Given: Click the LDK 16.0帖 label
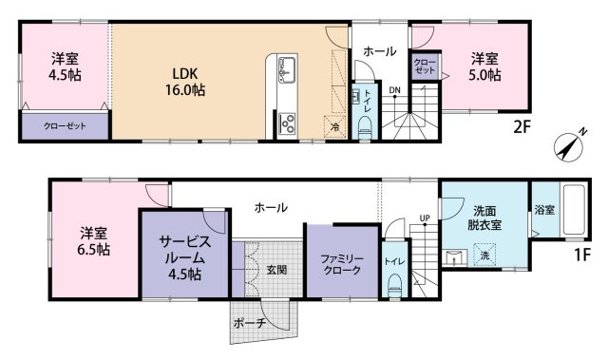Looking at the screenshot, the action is point(185,82).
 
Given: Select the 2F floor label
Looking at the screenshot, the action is point(522,127).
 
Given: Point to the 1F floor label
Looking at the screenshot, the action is point(581,255).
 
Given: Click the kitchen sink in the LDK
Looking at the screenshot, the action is point(287,69).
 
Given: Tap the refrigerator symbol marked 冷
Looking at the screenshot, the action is point(334,126).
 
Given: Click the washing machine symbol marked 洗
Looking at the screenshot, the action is point(484,255).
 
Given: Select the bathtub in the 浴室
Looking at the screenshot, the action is point(574,210).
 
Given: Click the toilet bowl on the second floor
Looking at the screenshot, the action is point(365,127).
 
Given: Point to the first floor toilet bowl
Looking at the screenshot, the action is point(395,286).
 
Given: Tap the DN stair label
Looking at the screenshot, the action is point(395,90).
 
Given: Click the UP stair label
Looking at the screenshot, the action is point(425,218).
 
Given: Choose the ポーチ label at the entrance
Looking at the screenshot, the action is point(250,322).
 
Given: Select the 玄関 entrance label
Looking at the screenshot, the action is point(276,270).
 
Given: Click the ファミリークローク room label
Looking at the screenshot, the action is point(342,265).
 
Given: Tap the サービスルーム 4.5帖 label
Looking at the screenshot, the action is point(185,257).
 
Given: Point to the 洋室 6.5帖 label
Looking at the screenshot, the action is point(93,242).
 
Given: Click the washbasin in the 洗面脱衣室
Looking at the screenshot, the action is point(454,258).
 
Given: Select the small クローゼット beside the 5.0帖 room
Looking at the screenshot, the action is point(425,66).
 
